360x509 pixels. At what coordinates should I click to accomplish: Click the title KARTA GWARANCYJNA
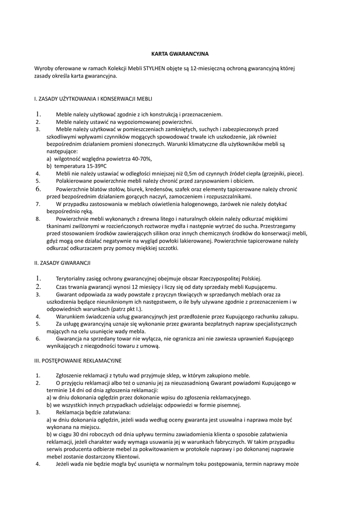coord(180,53)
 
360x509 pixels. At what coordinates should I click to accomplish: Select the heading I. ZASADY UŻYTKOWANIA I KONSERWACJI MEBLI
coord(93,99)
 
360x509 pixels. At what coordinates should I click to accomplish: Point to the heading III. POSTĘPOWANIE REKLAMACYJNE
coord(78,360)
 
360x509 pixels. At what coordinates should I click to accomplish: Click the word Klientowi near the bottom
coord(127,457)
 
